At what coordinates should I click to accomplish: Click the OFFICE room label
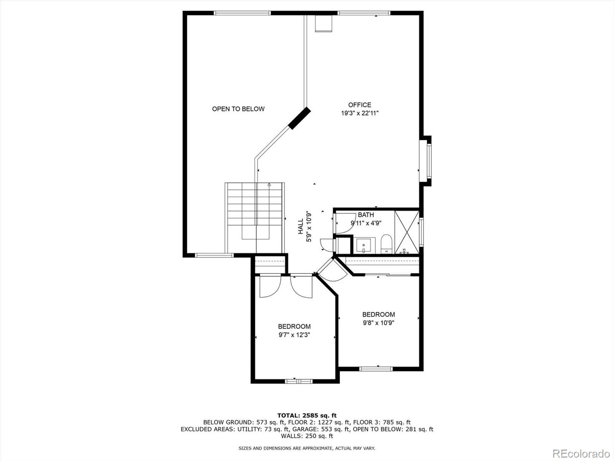(360, 105)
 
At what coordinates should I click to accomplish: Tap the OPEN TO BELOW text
(238, 109)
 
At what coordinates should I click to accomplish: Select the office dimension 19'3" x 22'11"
(360, 113)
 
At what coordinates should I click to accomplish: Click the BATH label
(366, 215)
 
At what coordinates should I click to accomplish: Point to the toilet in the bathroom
(386, 244)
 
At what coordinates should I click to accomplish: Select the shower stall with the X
(407, 232)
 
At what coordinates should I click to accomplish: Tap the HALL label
(301, 226)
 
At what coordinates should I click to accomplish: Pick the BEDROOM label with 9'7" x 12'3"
(294, 327)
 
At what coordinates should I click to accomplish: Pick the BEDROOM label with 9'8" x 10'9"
(378, 315)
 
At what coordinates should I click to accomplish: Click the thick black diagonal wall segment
(299, 118)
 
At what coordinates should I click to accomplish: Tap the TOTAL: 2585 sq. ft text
(307, 415)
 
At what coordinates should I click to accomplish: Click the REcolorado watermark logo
(581, 453)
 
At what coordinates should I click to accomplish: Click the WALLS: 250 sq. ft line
(307, 436)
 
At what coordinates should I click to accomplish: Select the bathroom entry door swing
(345, 223)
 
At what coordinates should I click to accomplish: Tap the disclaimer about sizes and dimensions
(307, 448)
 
